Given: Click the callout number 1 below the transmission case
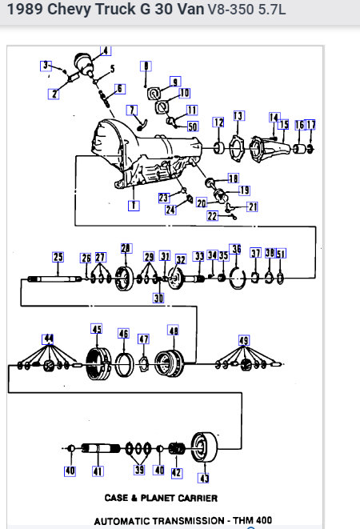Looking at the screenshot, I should [134, 206].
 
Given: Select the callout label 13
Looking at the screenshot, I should [238, 116].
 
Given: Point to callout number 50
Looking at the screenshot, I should [193, 126].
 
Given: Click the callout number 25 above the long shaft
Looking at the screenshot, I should [58, 257].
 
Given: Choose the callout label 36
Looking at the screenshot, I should [235, 249].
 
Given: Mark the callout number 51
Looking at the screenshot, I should [281, 253].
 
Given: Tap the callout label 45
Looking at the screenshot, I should [97, 329].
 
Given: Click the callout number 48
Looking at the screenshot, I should [173, 331].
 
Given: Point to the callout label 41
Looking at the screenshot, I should [98, 471].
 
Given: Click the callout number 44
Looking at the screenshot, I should [50, 339].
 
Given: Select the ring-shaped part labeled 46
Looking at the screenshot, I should [124, 364].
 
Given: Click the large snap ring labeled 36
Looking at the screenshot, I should [238, 279].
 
